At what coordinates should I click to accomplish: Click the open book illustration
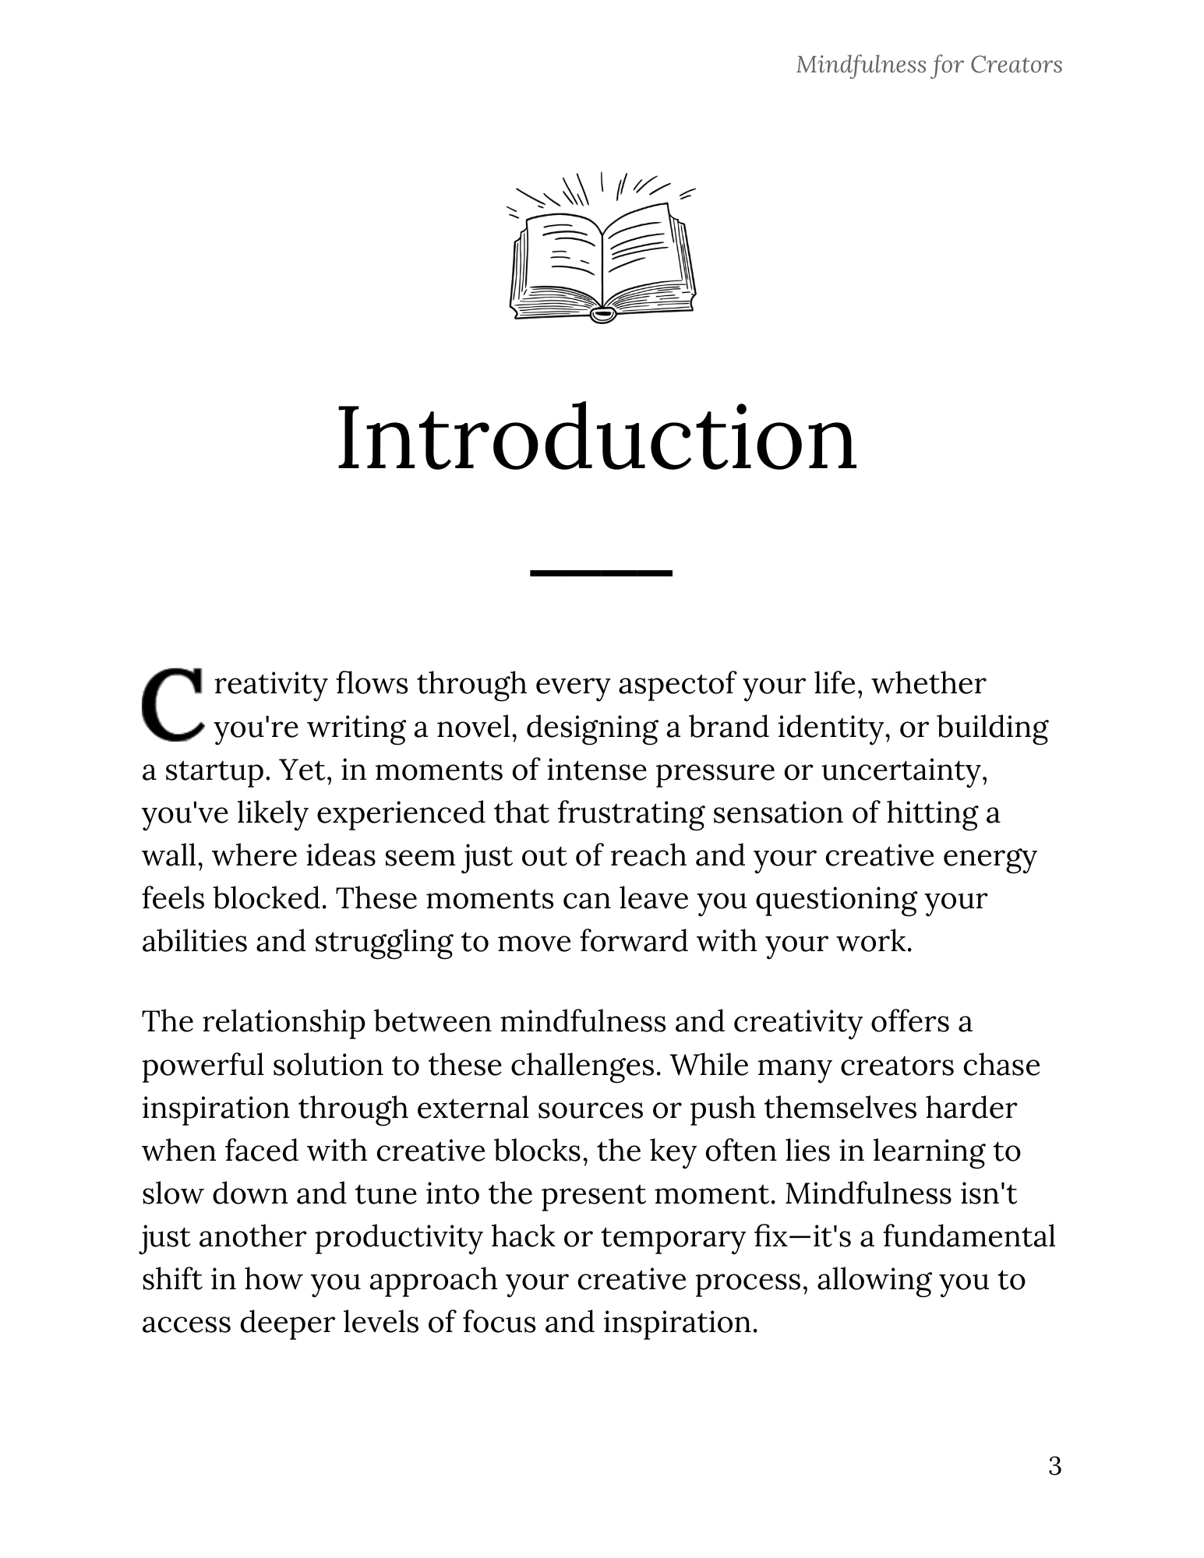click(602, 248)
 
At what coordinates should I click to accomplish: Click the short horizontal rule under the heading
click(600, 573)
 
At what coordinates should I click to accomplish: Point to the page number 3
click(1054, 1466)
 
